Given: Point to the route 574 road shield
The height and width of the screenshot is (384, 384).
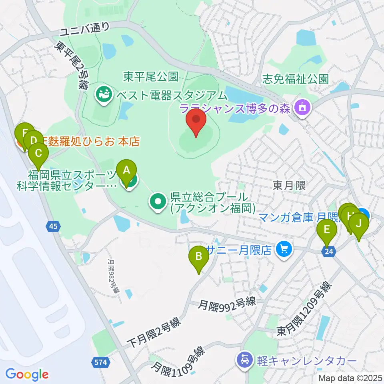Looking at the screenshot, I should (x=102, y=362).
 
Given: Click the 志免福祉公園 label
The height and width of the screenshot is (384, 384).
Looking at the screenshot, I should (x=295, y=79).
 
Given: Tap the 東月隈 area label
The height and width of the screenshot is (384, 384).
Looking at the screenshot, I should (x=289, y=184).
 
